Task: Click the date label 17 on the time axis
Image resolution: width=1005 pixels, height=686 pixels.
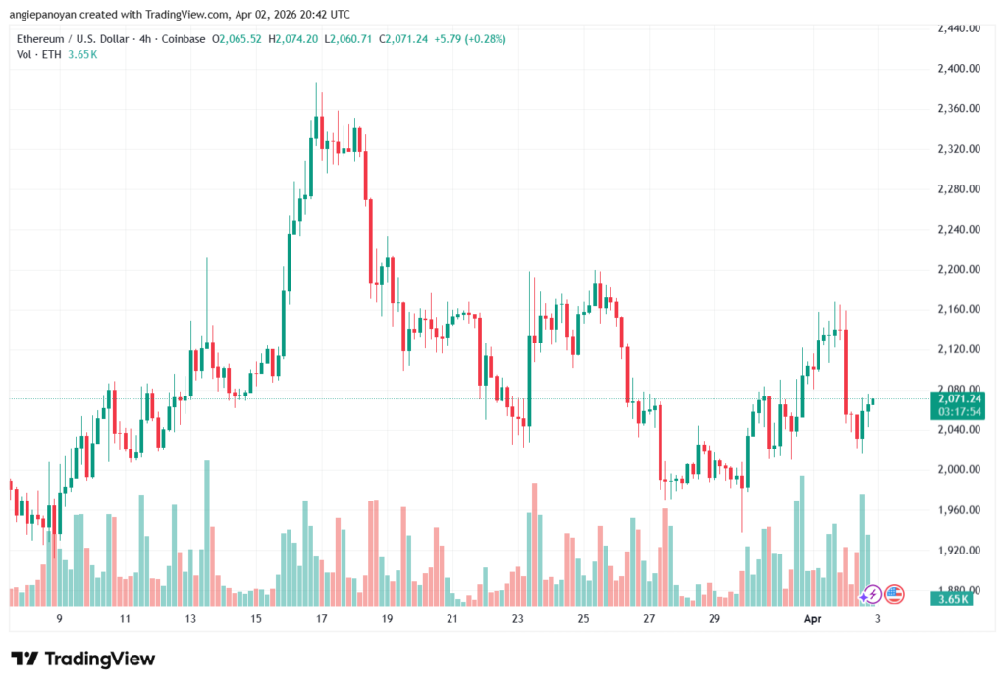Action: coord(321,619)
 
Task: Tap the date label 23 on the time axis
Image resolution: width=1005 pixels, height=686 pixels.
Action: coord(518,619)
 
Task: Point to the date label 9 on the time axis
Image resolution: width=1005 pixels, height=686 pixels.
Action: coord(59,619)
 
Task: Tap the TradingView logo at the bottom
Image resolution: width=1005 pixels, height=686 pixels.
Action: coord(82,659)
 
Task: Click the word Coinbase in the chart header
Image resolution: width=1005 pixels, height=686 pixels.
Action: coord(185,39)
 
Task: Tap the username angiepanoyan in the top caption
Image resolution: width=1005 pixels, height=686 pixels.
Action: coord(52,14)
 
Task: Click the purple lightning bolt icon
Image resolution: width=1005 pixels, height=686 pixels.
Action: coord(870,594)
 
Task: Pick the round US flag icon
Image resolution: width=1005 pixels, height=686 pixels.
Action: coord(894,593)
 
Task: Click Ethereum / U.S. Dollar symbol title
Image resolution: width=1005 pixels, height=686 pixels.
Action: coord(71,39)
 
